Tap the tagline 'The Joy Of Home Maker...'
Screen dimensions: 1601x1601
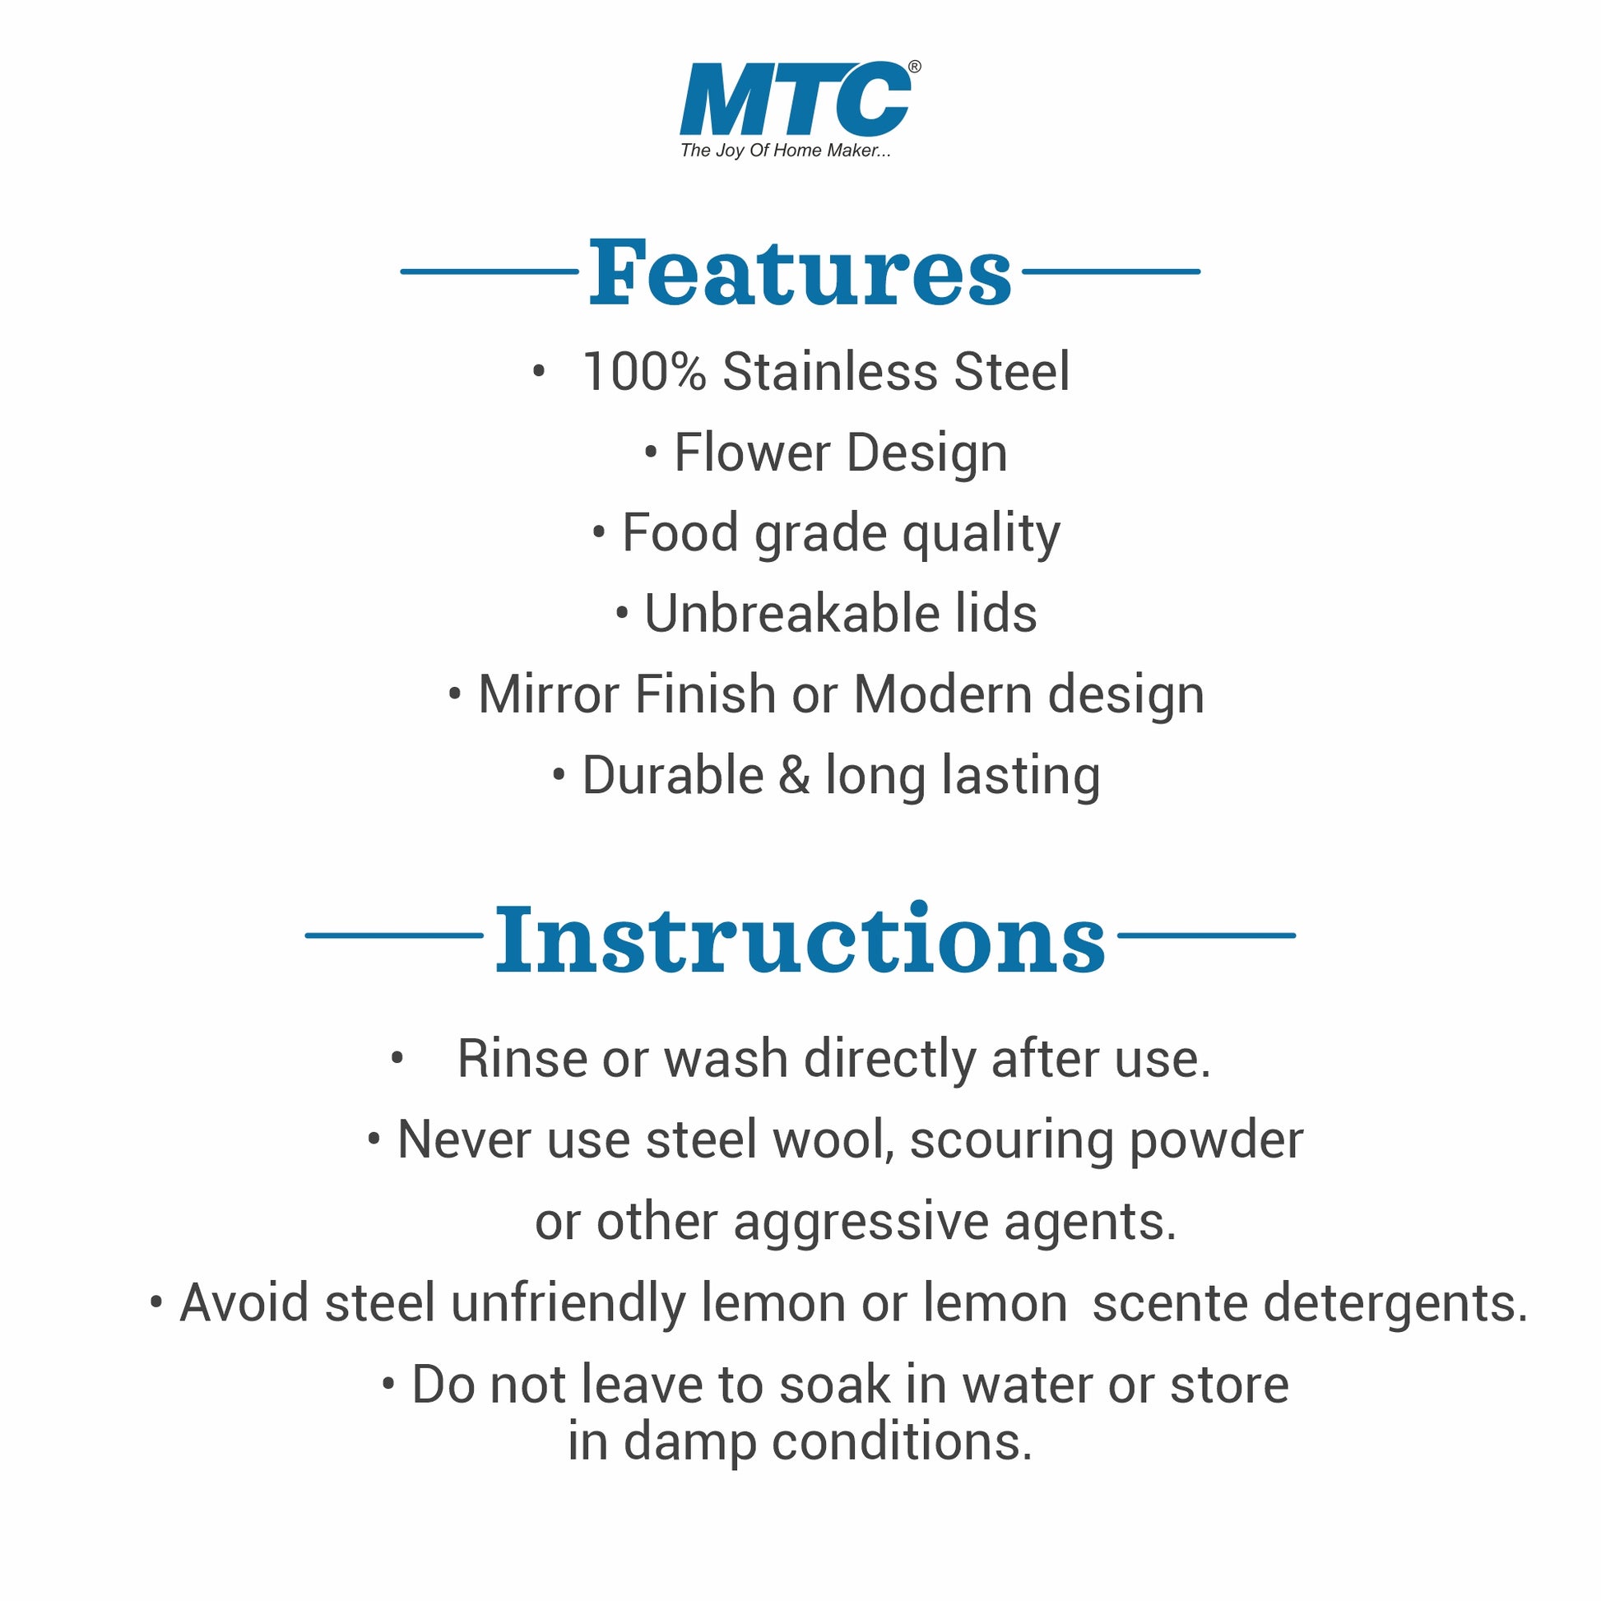pos(786,151)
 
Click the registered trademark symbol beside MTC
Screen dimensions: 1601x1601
pos(914,67)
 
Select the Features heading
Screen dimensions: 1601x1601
pos(800,271)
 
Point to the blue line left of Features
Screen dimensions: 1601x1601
pos(489,271)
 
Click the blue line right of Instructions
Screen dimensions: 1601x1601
pos(1206,935)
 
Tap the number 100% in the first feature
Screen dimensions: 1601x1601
pos(645,371)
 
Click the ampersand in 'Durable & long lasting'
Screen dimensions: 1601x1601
pos(794,776)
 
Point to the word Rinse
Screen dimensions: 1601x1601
pos(522,1059)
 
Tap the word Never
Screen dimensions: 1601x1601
pos(464,1140)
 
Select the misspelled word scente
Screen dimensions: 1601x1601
pos(1170,1303)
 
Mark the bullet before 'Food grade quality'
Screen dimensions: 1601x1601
pos(599,533)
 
